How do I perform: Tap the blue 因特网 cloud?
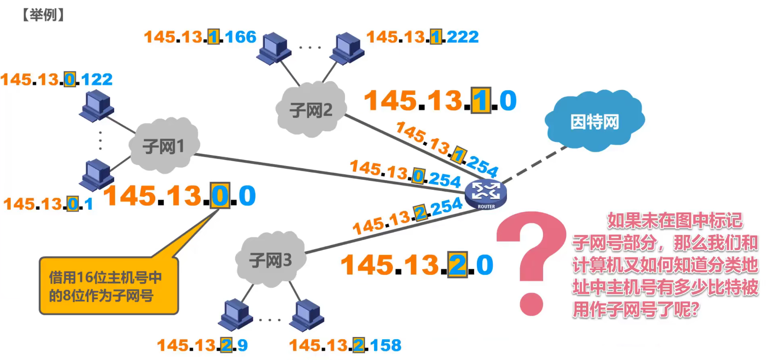tap(594, 121)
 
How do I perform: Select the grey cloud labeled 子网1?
tap(164, 145)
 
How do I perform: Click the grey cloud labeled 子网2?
tap(311, 109)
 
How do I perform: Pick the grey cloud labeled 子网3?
tap(270, 260)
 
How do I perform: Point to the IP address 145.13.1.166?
tap(200, 37)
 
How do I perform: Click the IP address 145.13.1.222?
tap(423, 37)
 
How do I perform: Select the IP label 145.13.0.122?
tap(57, 80)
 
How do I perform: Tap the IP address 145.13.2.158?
tap(345, 345)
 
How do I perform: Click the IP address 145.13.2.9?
tap(202, 345)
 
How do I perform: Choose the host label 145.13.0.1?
tap(48, 204)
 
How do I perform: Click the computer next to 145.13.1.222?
tap(348, 48)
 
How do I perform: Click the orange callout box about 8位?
tap(108, 286)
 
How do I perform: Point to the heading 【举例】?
tap(43, 15)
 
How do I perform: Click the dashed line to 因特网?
tap(534, 165)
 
